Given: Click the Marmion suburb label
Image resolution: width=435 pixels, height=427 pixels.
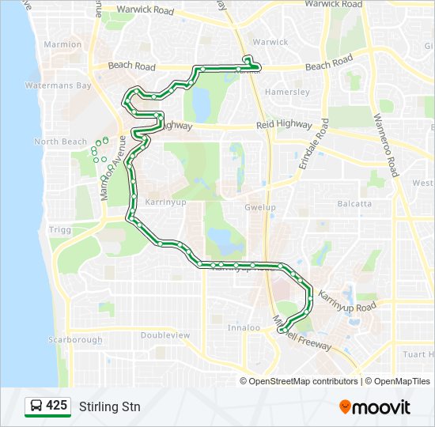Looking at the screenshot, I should (62, 44).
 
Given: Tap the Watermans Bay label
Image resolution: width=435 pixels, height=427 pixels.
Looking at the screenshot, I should (58, 85).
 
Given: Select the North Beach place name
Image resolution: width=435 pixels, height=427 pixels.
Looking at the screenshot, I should (60, 142).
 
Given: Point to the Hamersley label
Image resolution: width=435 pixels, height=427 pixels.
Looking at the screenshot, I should (287, 92).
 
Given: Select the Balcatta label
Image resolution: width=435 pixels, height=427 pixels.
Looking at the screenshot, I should (354, 203).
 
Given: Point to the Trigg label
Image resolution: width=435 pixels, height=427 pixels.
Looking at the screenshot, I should (59, 229).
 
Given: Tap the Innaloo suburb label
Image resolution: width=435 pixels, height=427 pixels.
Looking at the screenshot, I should (244, 327).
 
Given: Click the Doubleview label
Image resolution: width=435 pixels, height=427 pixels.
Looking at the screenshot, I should (165, 335).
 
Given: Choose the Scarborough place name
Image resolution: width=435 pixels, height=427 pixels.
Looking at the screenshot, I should (75, 340).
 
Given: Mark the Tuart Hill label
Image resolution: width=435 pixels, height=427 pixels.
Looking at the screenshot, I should (418, 354).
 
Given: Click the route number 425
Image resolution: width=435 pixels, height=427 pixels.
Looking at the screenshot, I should (56, 406).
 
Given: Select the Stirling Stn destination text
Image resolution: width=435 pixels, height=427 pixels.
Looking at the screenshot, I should (110, 407).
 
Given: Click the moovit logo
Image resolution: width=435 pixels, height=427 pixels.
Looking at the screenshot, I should (375, 406).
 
